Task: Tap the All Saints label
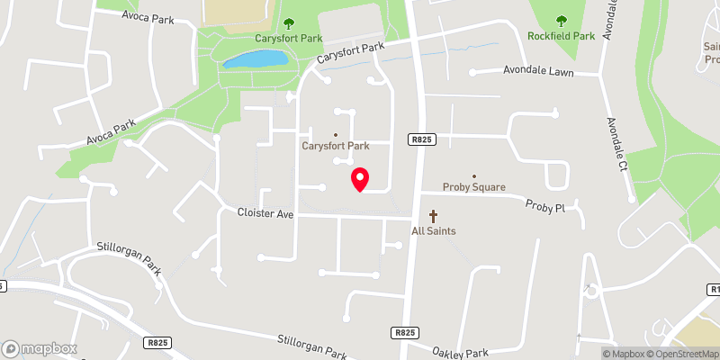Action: tap(433, 231)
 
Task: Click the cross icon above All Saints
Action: tap(433, 216)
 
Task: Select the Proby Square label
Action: tap(473, 187)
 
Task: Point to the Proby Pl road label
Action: tap(545, 206)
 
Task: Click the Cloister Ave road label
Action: tap(265, 214)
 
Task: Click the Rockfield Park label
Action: tap(562, 36)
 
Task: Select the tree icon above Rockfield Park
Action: tap(562, 21)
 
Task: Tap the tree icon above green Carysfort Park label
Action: tap(288, 23)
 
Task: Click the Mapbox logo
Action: tap(38, 347)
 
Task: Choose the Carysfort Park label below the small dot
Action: tap(335, 146)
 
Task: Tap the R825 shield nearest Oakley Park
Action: tap(404, 332)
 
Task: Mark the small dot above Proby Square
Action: tap(474, 176)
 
